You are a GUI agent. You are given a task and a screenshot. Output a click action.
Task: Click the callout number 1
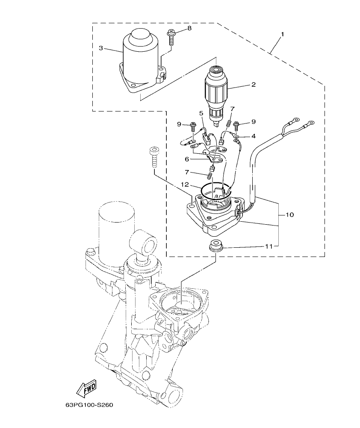pyautogui.click(x=282, y=33)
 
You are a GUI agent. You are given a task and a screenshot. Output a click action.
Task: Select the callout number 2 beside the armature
pyautogui.click(x=253, y=85)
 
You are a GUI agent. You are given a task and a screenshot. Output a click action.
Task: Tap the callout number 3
pyautogui.click(x=101, y=48)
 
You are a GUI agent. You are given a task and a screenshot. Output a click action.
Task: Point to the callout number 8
pyautogui.click(x=189, y=28)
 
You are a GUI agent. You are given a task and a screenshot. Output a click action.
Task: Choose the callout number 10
pyautogui.click(x=289, y=215)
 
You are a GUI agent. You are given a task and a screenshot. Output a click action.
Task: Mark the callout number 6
pyautogui.click(x=187, y=158)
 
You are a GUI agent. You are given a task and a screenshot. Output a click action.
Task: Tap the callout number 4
pyautogui.click(x=253, y=136)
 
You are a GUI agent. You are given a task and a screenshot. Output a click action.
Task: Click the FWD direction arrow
pyautogui.click(x=87, y=388)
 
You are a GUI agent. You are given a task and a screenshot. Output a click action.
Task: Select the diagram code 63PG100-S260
pyautogui.click(x=89, y=405)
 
